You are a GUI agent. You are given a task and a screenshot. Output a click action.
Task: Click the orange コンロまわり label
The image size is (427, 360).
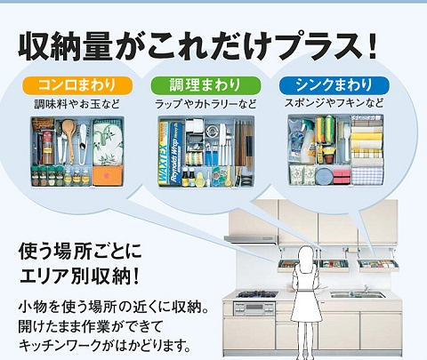click(x=77, y=85)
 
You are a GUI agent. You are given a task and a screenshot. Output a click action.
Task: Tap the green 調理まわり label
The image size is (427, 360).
click(x=205, y=85)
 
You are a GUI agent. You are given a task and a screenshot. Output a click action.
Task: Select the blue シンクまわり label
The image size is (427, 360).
click(x=334, y=85)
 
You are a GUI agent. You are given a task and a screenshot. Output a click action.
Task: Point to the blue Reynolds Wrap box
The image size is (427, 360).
click(x=175, y=154)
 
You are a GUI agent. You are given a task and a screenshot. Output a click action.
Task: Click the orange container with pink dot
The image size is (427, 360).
click(x=108, y=175)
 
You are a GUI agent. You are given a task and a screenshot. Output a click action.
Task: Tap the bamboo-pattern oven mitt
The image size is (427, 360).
click(x=108, y=142)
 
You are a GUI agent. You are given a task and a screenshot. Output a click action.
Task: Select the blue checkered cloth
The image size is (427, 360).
click(x=367, y=176)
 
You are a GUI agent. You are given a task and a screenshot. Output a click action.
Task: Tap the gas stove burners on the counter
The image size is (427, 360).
click(x=257, y=294)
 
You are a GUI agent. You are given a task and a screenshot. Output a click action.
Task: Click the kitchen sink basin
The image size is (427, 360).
click(x=358, y=295)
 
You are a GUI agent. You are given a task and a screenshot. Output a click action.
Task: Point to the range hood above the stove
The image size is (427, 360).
click(x=251, y=239)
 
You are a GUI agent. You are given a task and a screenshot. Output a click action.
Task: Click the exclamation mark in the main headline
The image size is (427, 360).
click(x=373, y=47)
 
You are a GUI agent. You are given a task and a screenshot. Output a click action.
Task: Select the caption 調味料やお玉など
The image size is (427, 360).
click(x=77, y=104)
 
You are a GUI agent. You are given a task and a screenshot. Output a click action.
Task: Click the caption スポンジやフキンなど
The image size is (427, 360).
click(x=334, y=103)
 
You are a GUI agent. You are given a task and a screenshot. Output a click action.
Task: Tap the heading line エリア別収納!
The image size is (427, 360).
click(x=79, y=276)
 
